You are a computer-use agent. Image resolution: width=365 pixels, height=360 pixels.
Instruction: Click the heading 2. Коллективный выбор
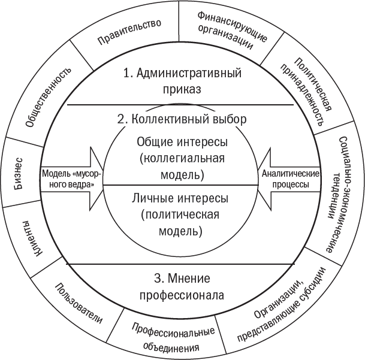182,119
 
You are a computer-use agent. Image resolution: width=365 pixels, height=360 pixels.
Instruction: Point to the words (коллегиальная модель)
182,167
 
